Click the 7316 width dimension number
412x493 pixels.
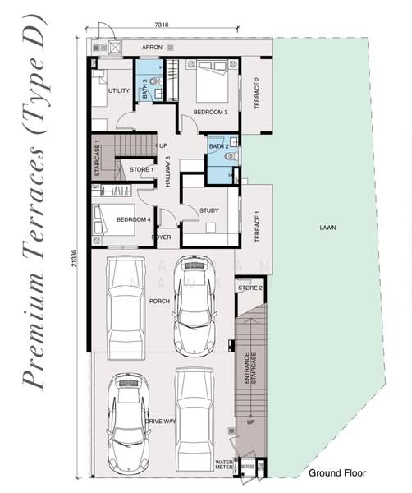pyautogui.click(x=161, y=25)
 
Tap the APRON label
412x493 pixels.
pyautogui.click(x=152, y=48)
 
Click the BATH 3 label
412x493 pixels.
pyautogui.click(x=145, y=89)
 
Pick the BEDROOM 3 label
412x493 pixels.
pyautogui.click(x=210, y=111)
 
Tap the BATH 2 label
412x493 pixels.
pyautogui.click(x=217, y=146)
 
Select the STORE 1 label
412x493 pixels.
pyautogui.click(x=141, y=170)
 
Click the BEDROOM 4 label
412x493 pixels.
pyautogui.click(x=134, y=219)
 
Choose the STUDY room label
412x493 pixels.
pyautogui.click(x=209, y=210)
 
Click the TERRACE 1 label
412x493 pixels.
pyautogui.click(x=256, y=224)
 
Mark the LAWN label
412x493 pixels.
pyautogui.click(x=329, y=228)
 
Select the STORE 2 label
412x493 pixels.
pyautogui.click(x=249, y=288)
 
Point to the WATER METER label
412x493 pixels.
pyautogui.click(x=225, y=465)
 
